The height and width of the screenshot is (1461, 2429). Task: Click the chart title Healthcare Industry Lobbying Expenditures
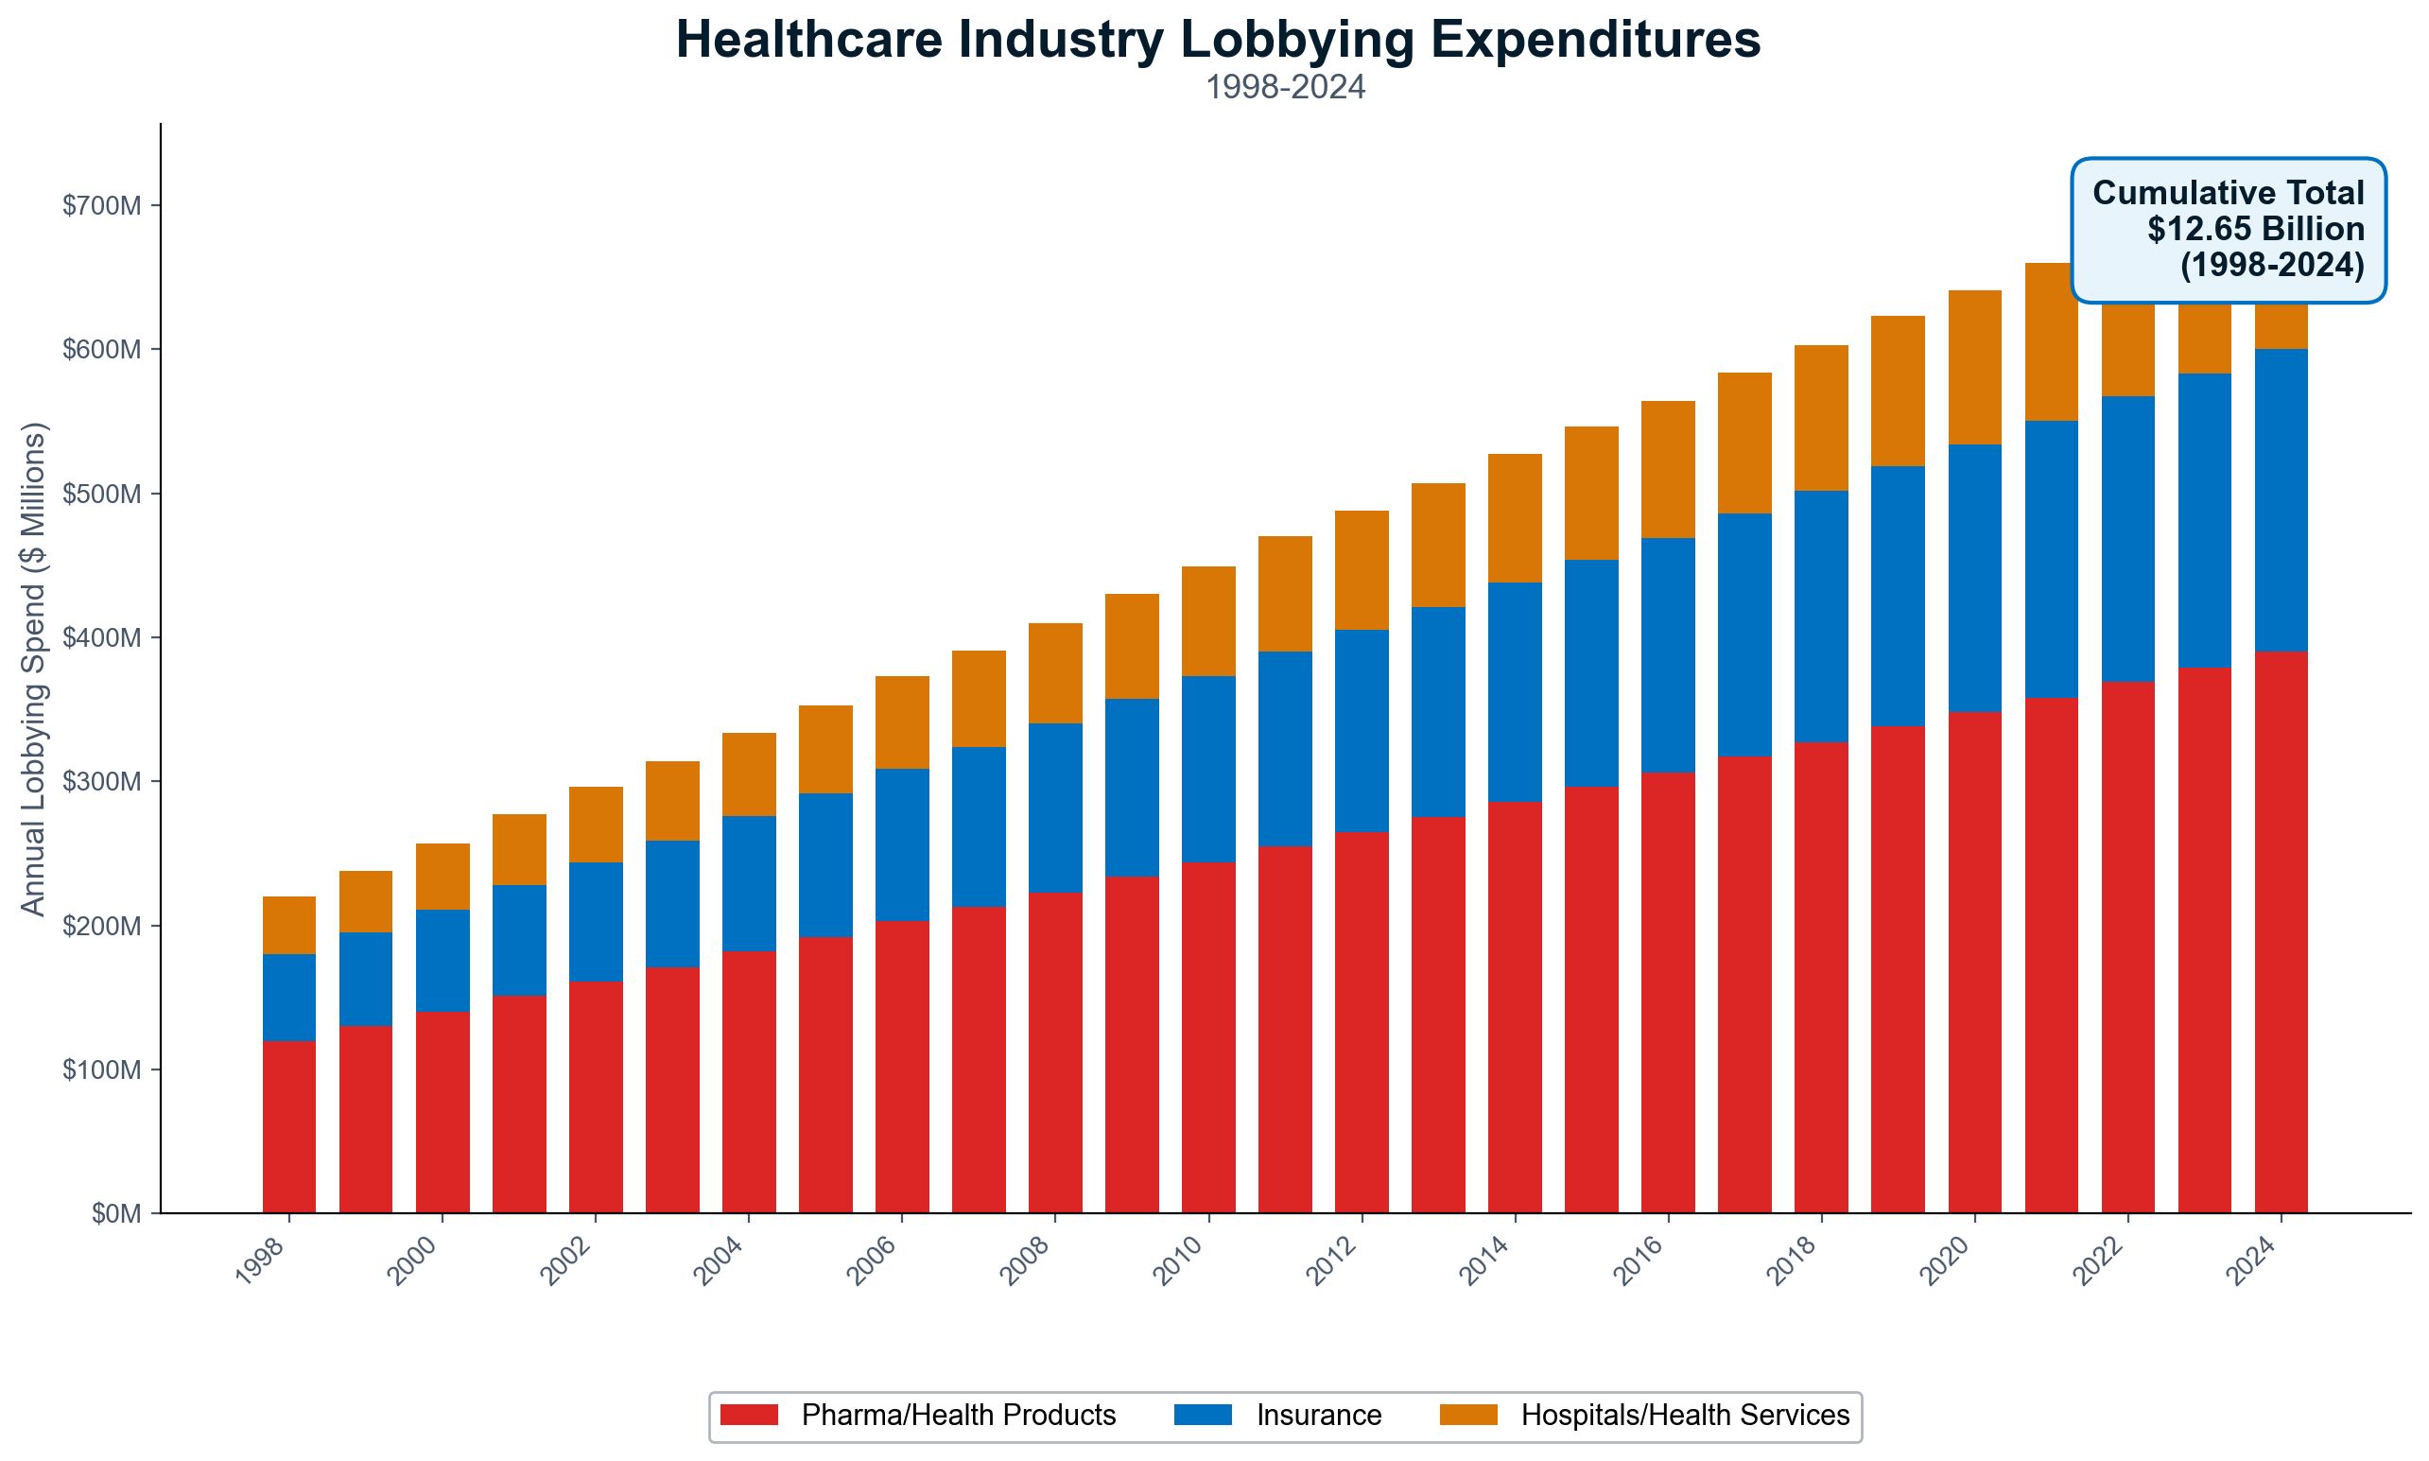coord(1218,42)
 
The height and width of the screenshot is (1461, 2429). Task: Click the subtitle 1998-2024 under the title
coord(1284,88)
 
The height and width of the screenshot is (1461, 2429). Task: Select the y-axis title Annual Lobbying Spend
coord(33,670)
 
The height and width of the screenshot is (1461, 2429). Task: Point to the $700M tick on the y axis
coord(101,206)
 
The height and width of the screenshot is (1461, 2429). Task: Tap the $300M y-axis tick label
coord(101,782)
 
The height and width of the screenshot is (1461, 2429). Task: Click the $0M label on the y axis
coord(116,1214)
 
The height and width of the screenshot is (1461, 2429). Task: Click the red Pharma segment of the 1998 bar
coord(288,1126)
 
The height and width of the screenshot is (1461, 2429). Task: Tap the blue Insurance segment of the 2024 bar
coord(2281,500)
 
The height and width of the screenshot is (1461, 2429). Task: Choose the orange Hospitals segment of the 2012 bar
coord(1362,570)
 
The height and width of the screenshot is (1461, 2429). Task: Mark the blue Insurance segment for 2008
coord(1055,809)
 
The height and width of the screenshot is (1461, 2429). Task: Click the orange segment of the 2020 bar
coord(1974,367)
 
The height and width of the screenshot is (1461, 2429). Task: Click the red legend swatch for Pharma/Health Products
coord(749,1415)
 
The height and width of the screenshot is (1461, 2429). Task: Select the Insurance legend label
coord(1318,1415)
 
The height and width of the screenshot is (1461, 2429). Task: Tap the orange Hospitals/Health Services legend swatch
coord(1467,1415)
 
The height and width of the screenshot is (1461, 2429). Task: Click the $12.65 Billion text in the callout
coord(2255,229)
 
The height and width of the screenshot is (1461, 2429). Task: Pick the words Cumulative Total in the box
coord(2228,193)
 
